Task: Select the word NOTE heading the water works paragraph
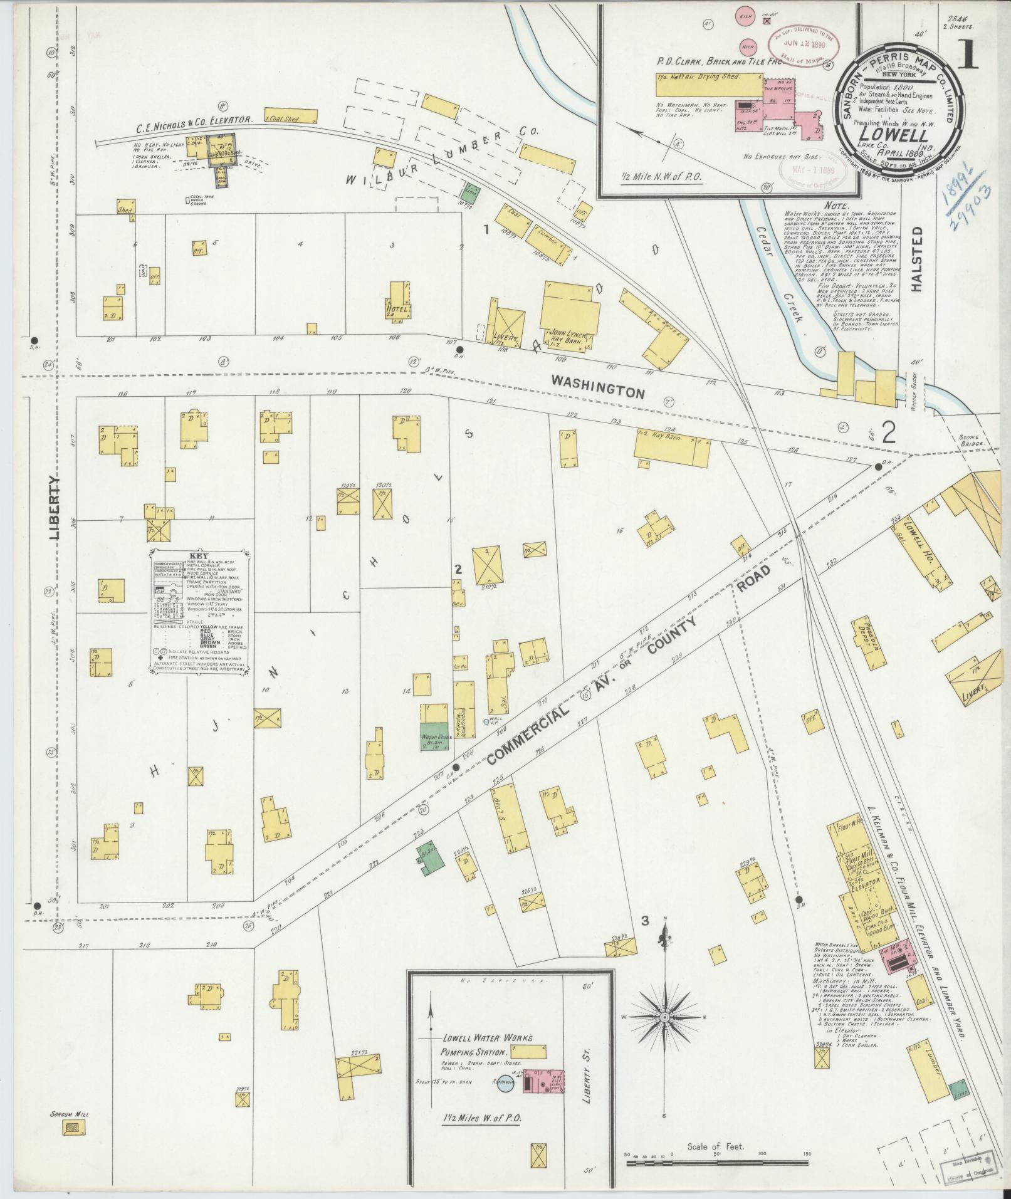click(x=837, y=206)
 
